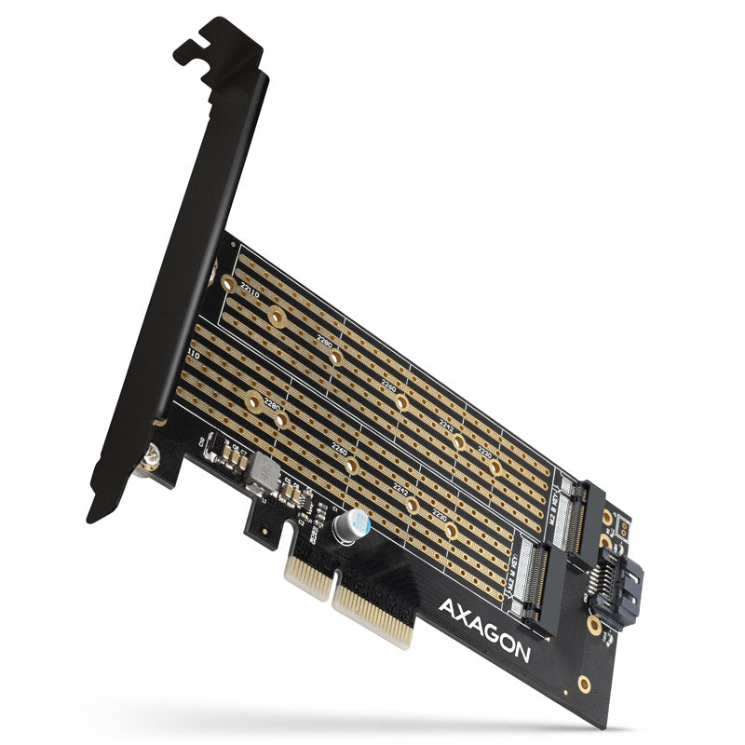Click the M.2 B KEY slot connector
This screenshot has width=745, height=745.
(587, 517)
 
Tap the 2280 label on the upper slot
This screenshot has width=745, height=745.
(325, 343)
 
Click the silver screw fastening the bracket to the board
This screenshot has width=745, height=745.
(151, 459)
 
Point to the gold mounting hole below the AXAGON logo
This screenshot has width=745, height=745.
(584, 684)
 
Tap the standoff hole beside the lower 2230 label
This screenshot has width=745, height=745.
(451, 530)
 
